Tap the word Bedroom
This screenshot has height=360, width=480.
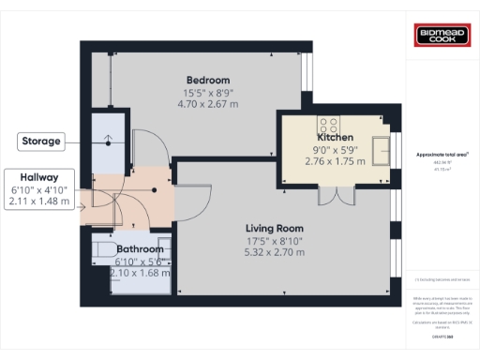click(x=207, y=81)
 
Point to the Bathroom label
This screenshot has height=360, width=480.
click(x=140, y=249)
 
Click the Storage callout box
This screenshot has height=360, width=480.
click(x=42, y=142)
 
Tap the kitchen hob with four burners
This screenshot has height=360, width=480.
click(x=329, y=123)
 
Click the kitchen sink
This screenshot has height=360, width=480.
click(x=382, y=147)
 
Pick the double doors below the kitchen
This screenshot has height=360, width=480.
click(x=332, y=195)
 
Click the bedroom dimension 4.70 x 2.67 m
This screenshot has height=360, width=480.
click(x=207, y=105)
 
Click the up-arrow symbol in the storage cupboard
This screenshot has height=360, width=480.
click(x=109, y=142)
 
